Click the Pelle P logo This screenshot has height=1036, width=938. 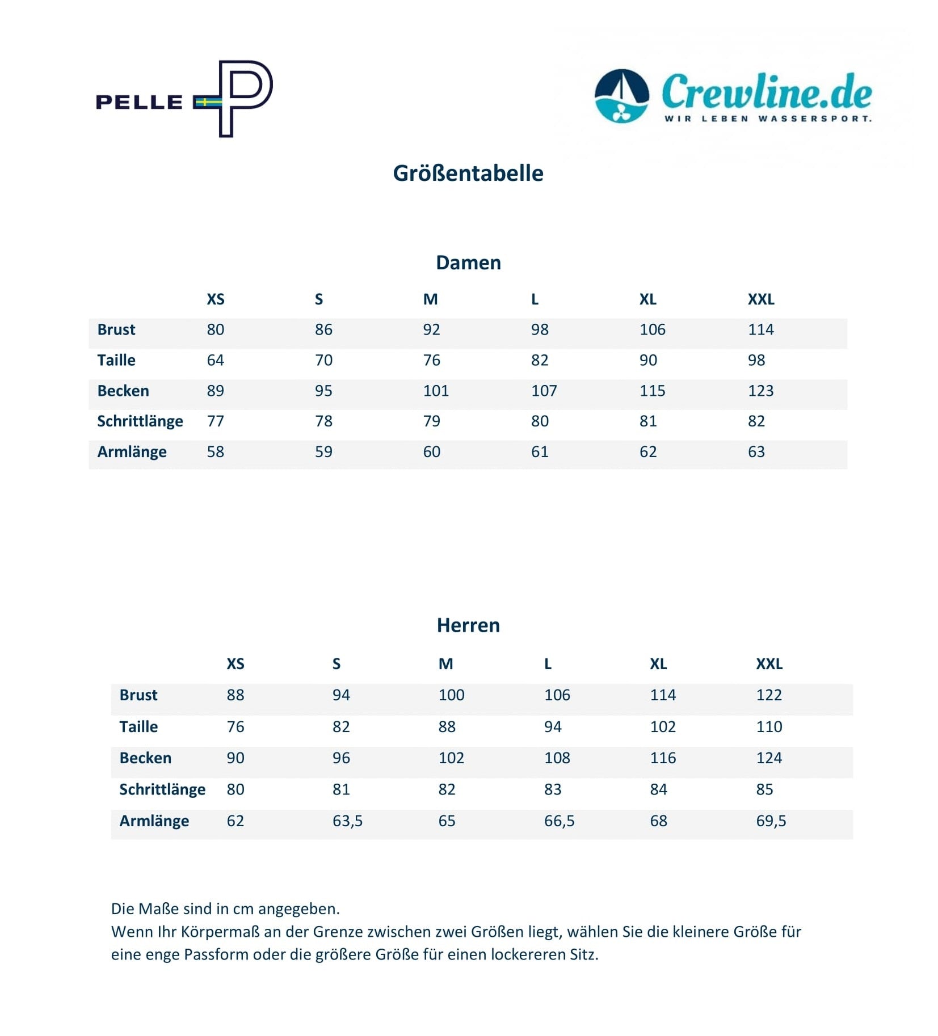pyautogui.click(x=184, y=99)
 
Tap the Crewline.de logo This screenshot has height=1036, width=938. pyautogui.click(x=733, y=96)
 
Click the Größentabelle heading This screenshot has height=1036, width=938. pyautogui.click(x=468, y=174)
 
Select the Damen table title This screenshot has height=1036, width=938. pyautogui.click(x=468, y=263)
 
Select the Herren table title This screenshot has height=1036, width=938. pyautogui.click(x=468, y=625)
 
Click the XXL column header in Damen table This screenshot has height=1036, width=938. pyautogui.click(x=760, y=299)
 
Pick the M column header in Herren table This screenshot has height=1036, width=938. pyautogui.click(x=445, y=663)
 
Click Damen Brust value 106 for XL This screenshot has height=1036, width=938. pyautogui.click(x=652, y=330)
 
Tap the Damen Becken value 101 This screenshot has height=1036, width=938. pyautogui.click(x=436, y=391)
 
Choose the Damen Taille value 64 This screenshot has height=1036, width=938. pyautogui.click(x=215, y=360)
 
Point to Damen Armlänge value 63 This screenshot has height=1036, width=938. pyautogui.click(x=756, y=452)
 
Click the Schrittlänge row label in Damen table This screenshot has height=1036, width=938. pyautogui.click(x=140, y=421)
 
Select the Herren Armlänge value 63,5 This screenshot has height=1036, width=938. pyautogui.click(x=347, y=821)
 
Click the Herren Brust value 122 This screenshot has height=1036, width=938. pyautogui.click(x=768, y=695)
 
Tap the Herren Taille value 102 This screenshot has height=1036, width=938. pyautogui.click(x=663, y=726)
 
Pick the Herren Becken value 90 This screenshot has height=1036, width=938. pyautogui.click(x=235, y=758)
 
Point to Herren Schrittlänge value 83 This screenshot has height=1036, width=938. pyautogui.click(x=553, y=789)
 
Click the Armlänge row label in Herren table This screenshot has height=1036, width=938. pyautogui.click(x=154, y=821)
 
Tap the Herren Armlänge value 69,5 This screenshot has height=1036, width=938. pyautogui.click(x=771, y=821)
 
